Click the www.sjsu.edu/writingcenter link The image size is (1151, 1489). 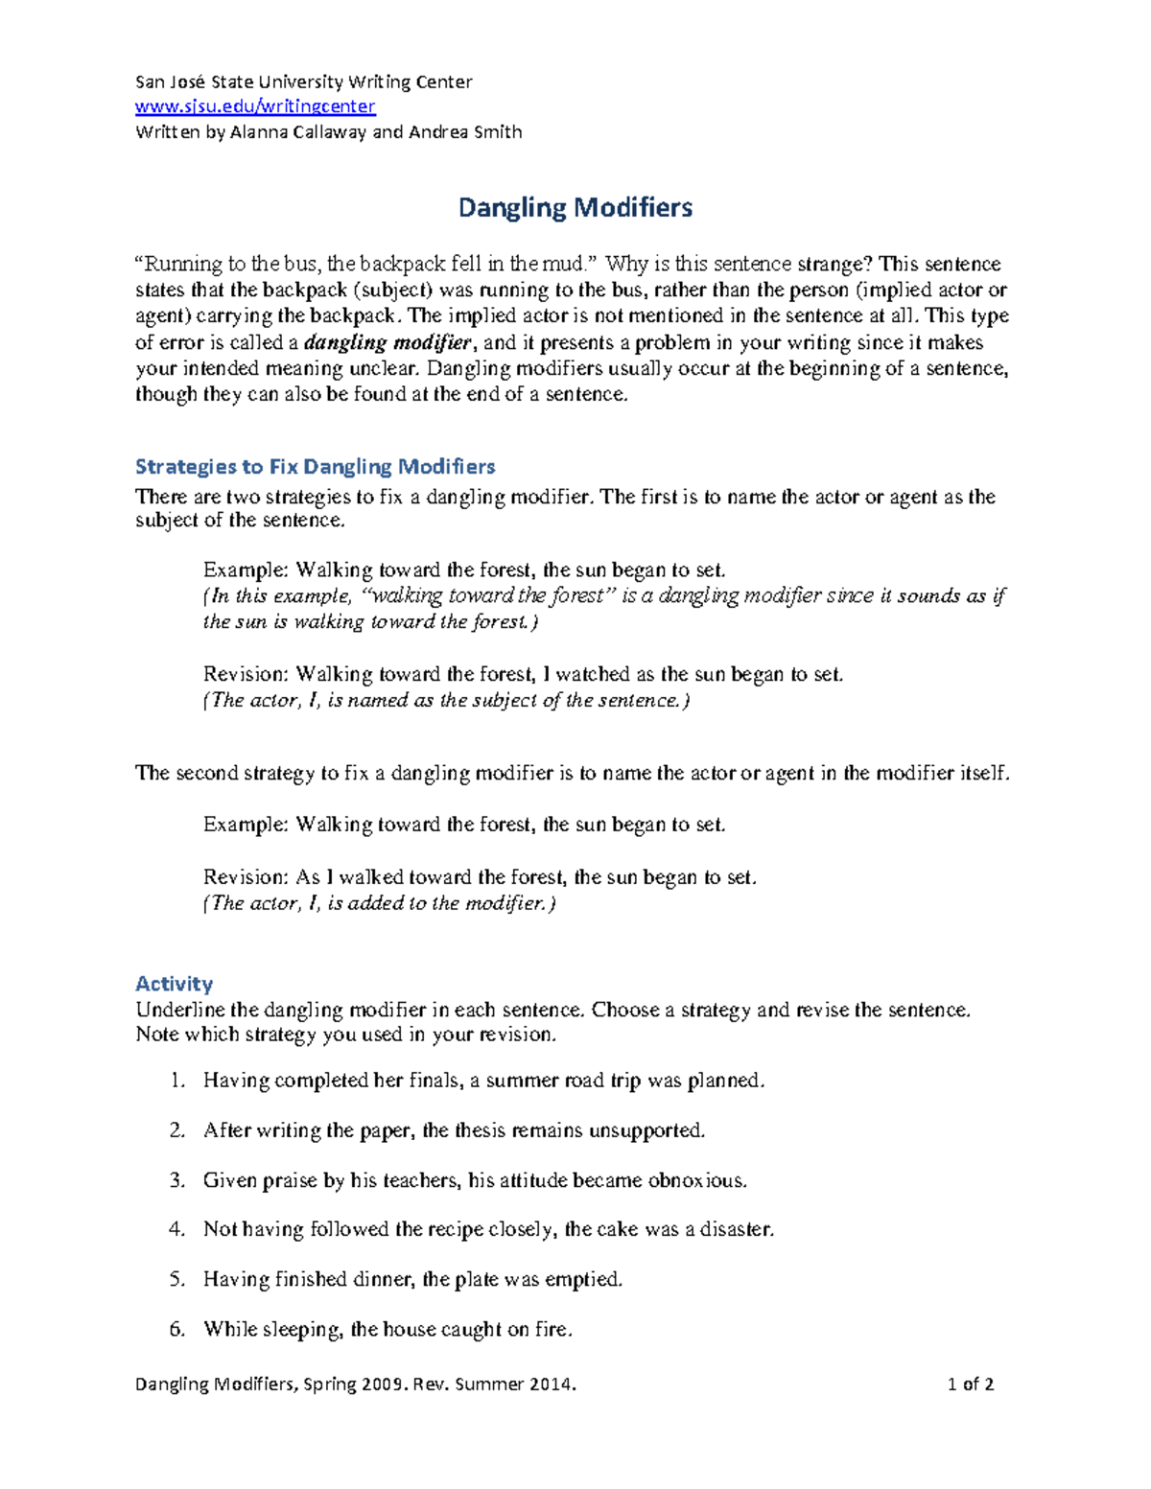pyautogui.click(x=255, y=106)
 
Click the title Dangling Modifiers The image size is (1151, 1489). pyautogui.click(x=575, y=207)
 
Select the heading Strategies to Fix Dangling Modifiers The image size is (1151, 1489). pyautogui.click(x=315, y=467)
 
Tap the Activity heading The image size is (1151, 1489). pyautogui.click(x=174, y=984)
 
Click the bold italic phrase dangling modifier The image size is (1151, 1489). pyautogui.click(x=388, y=342)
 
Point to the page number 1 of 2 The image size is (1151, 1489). pyautogui.click(x=970, y=1384)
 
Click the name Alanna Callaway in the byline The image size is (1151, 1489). pyautogui.click(x=297, y=132)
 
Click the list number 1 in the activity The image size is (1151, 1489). pyautogui.click(x=176, y=1081)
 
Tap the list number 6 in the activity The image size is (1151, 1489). pyautogui.click(x=176, y=1329)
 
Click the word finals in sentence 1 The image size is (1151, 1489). pyautogui.click(x=432, y=1081)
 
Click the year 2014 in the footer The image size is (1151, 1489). pyautogui.click(x=551, y=1384)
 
